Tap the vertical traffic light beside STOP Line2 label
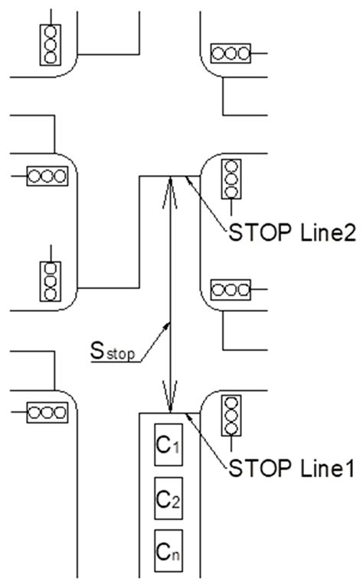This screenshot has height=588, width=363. [231, 179]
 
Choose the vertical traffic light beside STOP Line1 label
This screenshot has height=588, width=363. [231, 417]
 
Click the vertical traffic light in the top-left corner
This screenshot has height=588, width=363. [51, 45]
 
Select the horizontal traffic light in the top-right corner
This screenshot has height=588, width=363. [231, 54]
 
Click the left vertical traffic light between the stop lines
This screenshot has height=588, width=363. [51, 281]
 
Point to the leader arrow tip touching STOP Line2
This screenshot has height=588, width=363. [186, 178]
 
